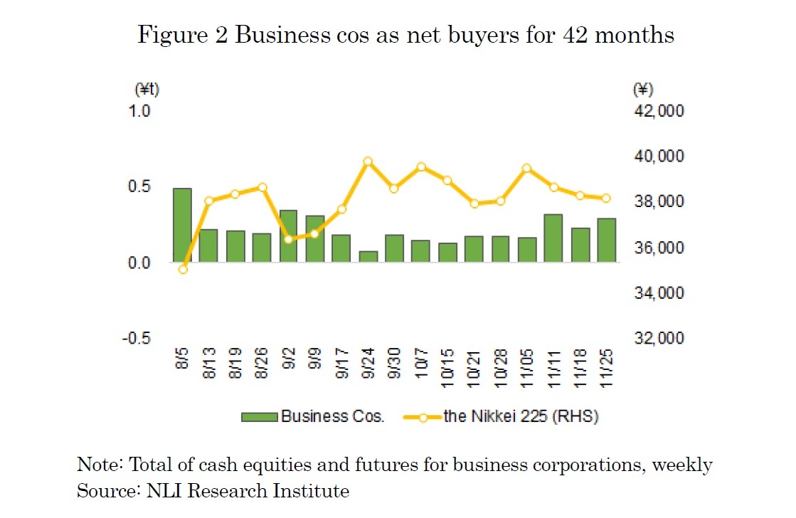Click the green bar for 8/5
182,226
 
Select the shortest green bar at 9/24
368,256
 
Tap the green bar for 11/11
553,238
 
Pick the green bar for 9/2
288,236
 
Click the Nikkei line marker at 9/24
368,162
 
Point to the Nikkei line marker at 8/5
183,269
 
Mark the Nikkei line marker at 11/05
527,169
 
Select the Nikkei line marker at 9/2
288,239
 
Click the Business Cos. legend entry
312,416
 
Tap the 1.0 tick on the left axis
139,111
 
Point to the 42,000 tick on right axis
657,111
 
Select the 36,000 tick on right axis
657,248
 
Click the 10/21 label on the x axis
474,366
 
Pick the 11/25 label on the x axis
607,366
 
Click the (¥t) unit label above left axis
147,90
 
